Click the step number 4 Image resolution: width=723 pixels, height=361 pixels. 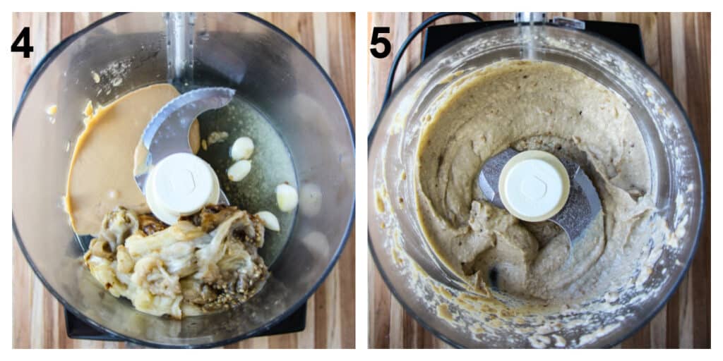click(22, 43)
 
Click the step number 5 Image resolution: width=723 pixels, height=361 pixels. click(380, 43)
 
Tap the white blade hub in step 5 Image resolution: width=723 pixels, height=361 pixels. click(534, 185)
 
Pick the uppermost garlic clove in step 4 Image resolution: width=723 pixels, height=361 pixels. click(242, 147)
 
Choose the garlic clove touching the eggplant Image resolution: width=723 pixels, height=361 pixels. click(268, 221)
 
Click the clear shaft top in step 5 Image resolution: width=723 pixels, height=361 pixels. click(531, 21)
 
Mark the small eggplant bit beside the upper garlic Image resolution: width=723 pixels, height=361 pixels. click(217, 137)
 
